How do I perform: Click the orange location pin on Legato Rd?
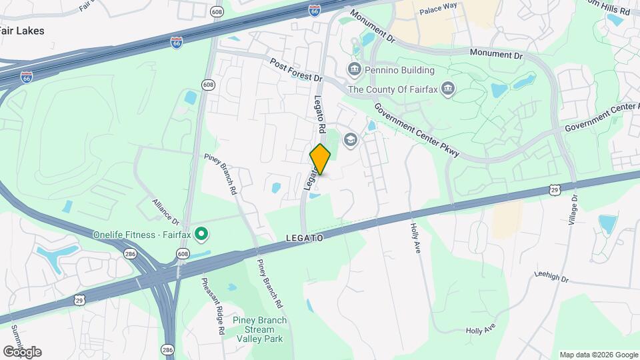321,159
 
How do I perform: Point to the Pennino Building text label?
400,70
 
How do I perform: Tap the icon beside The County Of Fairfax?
449,89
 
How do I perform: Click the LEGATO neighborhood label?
305,238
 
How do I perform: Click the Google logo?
22,351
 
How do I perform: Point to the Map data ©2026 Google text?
599,355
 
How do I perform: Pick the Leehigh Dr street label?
551,275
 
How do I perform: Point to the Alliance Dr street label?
165,211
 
